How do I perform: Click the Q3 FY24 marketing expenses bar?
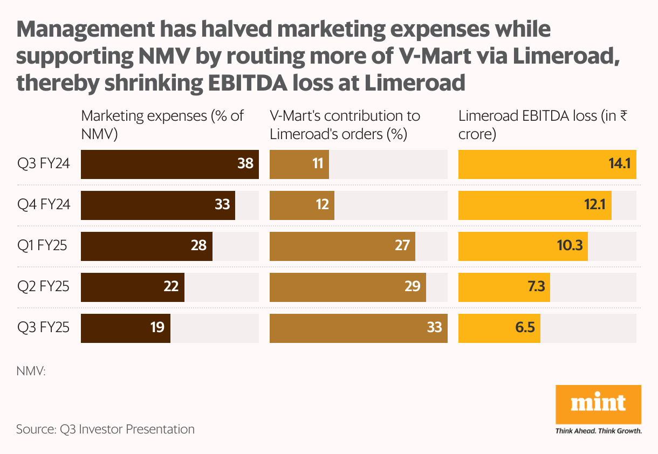point(169,164)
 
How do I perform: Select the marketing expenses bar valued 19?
point(125,328)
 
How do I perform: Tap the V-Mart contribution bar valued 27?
point(342,246)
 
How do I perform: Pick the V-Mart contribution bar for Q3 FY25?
point(358,328)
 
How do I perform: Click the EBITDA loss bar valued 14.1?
point(547,164)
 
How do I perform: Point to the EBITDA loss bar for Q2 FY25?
point(504,287)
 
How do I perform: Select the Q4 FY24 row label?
point(43,205)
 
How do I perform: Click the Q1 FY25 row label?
point(42,246)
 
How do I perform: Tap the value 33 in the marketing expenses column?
point(222,205)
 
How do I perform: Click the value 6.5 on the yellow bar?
point(524,328)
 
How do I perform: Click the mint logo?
point(598,404)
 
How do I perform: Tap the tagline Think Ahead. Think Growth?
point(598,431)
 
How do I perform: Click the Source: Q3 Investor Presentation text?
point(105,430)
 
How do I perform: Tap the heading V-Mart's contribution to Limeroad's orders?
point(345,125)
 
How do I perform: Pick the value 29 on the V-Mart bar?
point(412,287)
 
